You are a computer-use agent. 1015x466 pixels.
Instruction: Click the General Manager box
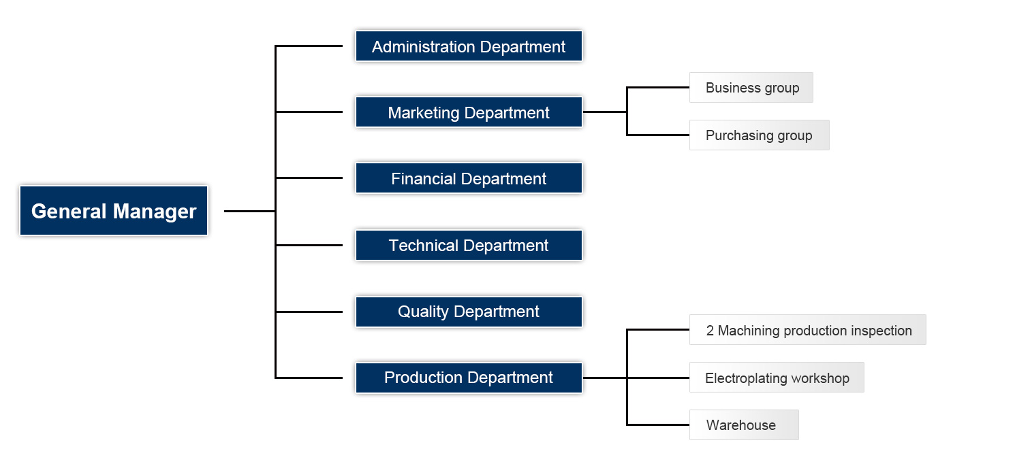(114, 210)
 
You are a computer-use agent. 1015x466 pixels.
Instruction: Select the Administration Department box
(469, 46)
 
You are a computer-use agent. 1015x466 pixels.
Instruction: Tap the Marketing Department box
(469, 112)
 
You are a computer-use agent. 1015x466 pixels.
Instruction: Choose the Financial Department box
(469, 178)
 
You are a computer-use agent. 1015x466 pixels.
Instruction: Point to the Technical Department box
(469, 245)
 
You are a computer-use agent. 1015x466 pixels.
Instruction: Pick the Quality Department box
(469, 312)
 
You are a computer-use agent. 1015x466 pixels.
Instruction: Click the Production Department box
(469, 378)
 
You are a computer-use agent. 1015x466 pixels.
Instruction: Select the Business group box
(751, 87)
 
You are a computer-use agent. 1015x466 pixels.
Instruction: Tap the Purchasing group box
(760, 135)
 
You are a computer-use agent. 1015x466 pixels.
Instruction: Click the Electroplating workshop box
(777, 378)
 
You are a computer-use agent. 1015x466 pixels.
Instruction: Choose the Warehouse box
(744, 425)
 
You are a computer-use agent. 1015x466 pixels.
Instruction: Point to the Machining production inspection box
(808, 330)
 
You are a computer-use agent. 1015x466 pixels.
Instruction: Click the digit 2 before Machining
(710, 331)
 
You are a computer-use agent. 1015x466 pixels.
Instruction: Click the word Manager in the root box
(155, 212)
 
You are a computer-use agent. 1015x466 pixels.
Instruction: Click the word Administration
(424, 46)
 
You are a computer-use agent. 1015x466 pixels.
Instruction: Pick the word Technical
(424, 245)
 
